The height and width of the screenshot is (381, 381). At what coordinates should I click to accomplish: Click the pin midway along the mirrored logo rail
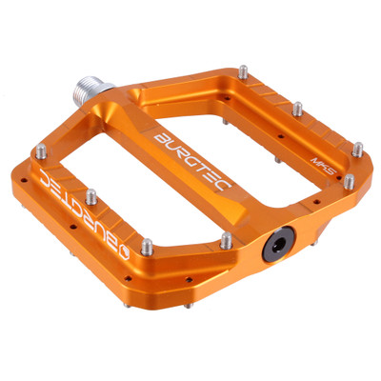click(x=91, y=196)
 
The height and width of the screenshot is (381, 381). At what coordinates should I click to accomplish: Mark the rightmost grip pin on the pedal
click(x=358, y=149)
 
